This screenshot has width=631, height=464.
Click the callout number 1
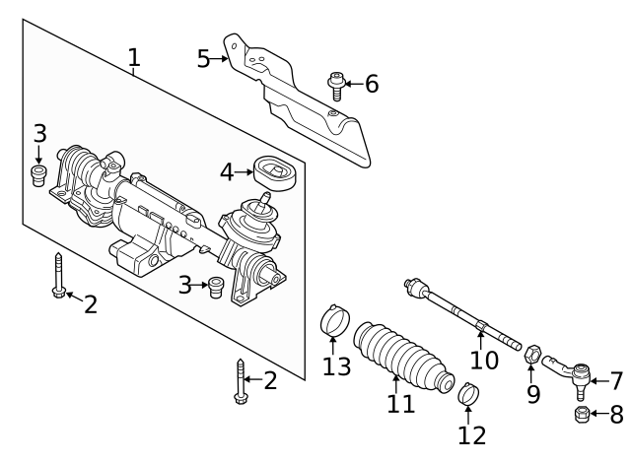[x=133, y=58]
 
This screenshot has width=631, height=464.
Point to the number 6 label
[x=371, y=85]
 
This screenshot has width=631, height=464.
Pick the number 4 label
[x=227, y=172]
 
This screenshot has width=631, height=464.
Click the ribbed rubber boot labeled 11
[x=399, y=352]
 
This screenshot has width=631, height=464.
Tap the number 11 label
[x=400, y=404]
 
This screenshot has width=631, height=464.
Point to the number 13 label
[x=336, y=367]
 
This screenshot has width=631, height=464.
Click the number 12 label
[x=472, y=433]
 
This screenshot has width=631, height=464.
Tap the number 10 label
[x=483, y=360]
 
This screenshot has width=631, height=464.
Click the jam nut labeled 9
[x=532, y=353]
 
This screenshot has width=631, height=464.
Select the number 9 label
[x=533, y=395]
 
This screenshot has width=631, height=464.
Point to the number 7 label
[x=616, y=380]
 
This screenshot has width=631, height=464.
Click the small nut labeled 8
[x=582, y=415]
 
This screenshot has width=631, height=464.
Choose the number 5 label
[x=204, y=59]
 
